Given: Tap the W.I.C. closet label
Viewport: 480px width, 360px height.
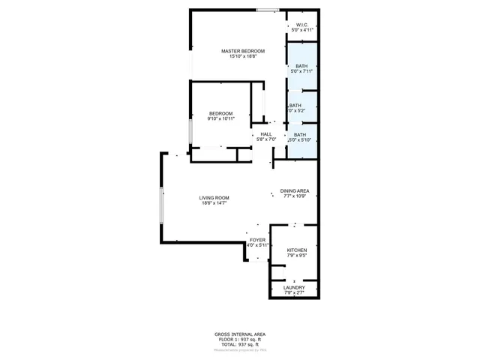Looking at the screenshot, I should [x=302, y=24].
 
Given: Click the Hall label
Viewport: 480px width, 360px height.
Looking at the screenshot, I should [x=266, y=133].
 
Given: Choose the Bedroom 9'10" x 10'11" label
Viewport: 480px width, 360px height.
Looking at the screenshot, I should [x=221, y=112].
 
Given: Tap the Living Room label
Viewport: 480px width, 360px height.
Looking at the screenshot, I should [x=214, y=197].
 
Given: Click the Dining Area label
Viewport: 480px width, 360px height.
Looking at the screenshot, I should [x=295, y=190].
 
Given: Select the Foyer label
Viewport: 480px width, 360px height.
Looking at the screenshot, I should [x=257, y=239].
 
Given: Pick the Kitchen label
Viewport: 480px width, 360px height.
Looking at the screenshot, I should [x=297, y=250].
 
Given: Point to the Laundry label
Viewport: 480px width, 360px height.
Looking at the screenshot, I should [x=294, y=286].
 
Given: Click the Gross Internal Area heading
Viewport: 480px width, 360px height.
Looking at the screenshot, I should [x=239, y=334].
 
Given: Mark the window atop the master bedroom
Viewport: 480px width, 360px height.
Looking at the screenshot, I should [x=267, y=10].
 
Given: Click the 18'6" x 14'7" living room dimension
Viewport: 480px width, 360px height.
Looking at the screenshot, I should [x=214, y=202].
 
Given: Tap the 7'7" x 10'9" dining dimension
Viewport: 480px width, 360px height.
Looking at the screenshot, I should [x=295, y=196].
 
